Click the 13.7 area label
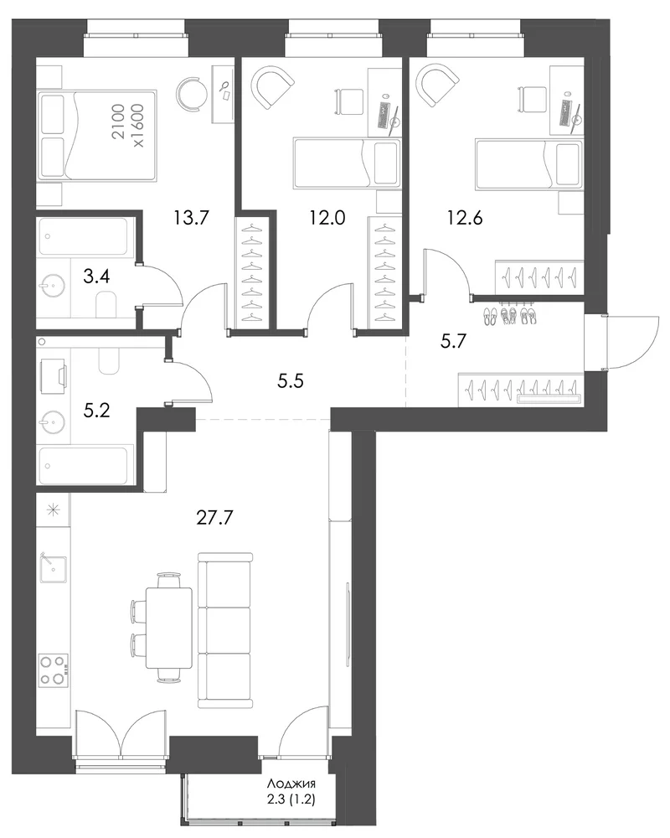191,218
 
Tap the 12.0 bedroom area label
327,218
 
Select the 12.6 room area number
465,218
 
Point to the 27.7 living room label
214,517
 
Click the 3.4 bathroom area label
96,277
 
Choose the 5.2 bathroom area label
96,411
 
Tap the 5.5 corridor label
291,380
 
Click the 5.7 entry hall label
453,340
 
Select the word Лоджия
291,784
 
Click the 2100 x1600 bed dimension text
127,126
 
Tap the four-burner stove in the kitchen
54,670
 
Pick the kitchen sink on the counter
53,570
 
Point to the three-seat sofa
224,631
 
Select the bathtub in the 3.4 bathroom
84,236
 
